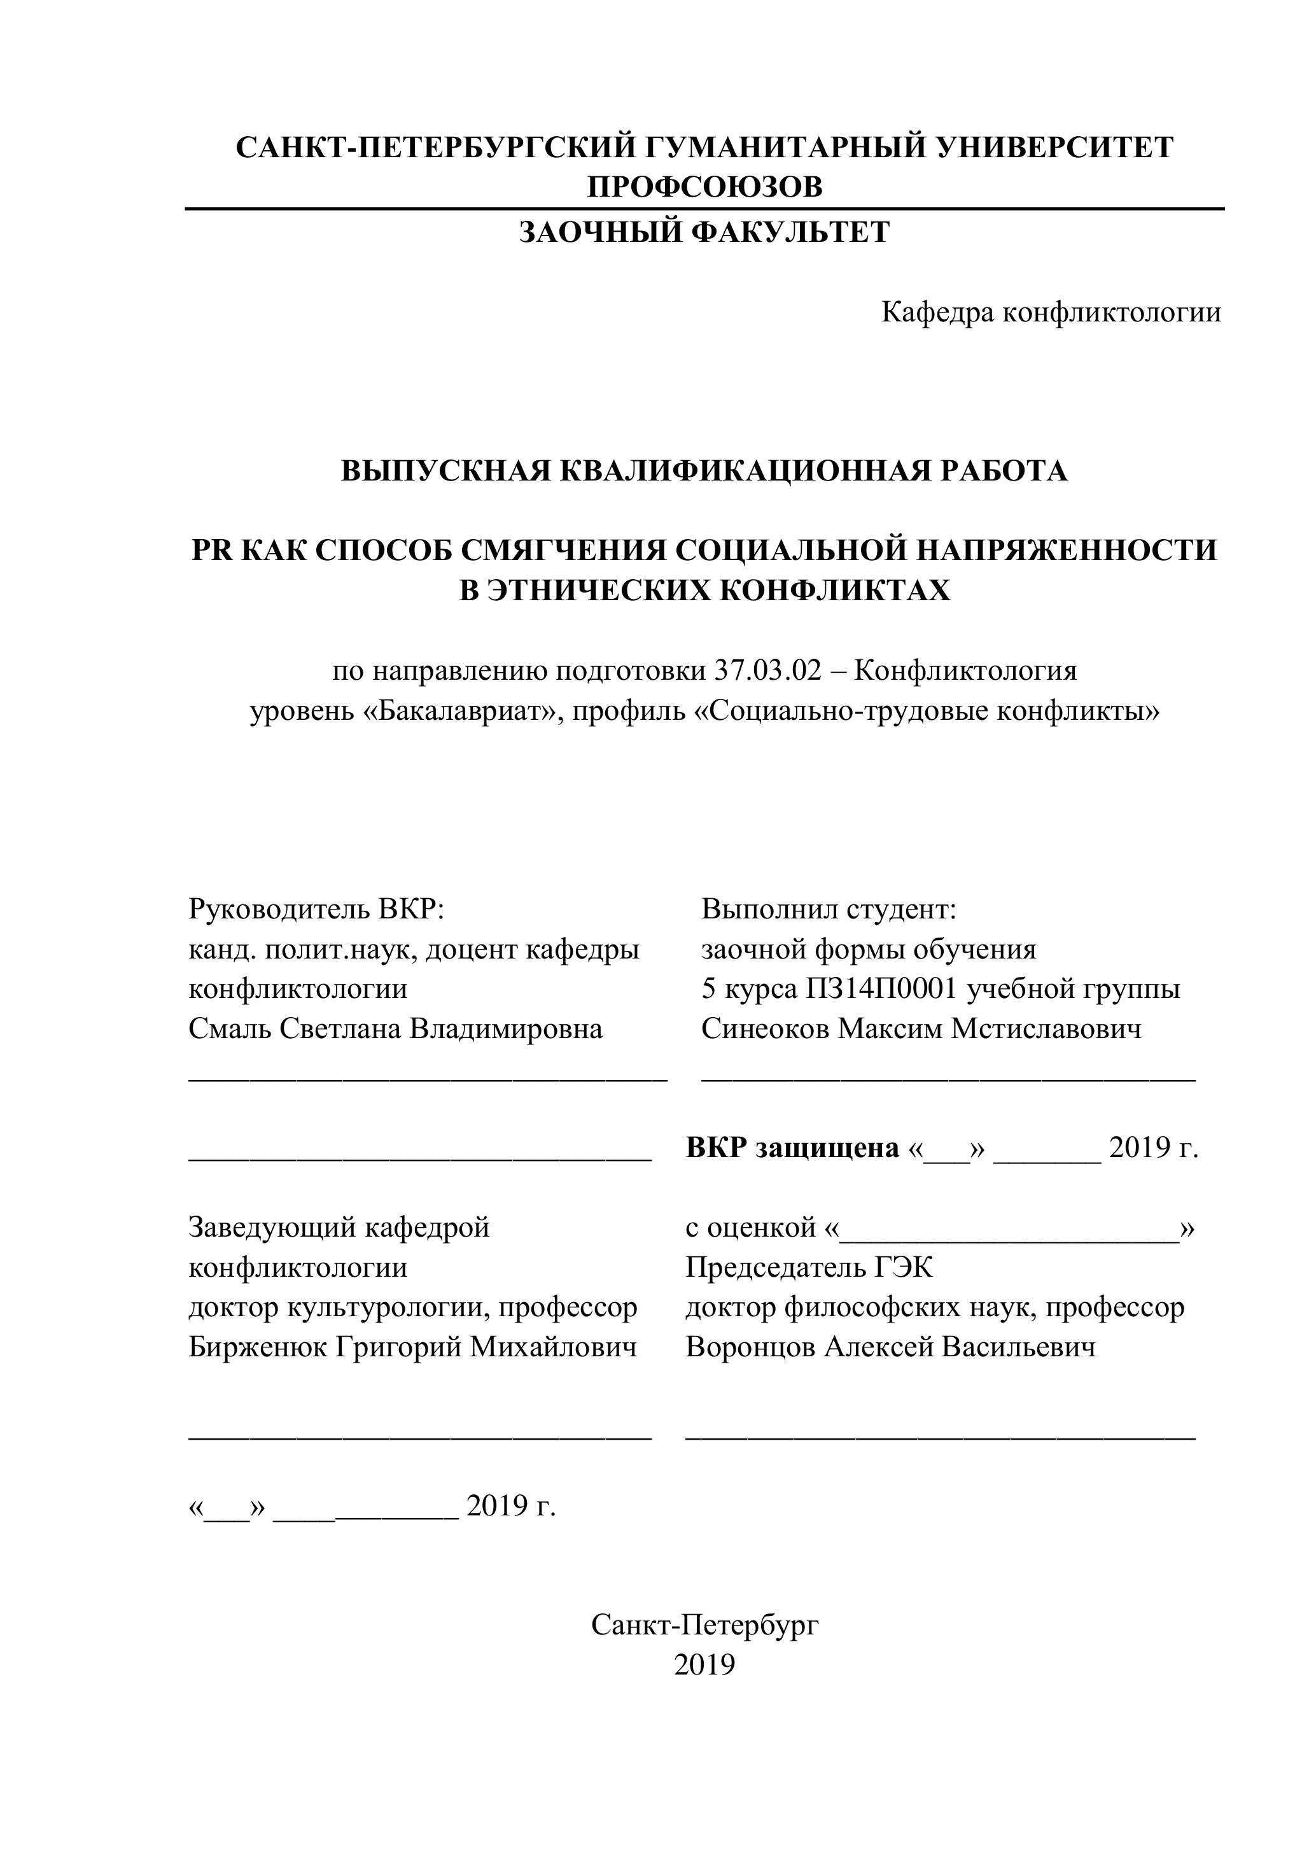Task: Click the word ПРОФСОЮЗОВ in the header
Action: (704, 187)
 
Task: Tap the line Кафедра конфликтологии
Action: (1050, 312)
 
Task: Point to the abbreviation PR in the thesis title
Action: (211, 551)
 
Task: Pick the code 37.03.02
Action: (767, 671)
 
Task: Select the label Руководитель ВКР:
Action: (317, 909)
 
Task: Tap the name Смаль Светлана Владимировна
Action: (395, 1029)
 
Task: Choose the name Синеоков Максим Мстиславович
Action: (921, 1029)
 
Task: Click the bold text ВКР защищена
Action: (792, 1148)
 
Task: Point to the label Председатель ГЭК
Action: (809, 1267)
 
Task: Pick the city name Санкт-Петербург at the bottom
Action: (704, 1625)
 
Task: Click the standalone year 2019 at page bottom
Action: (704, 1665)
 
